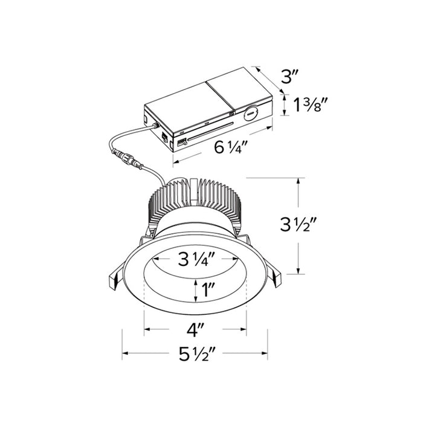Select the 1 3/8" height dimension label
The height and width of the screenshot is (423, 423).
point(311,106)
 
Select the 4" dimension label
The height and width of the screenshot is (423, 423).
point(195,331)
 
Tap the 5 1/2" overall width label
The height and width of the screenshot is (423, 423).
point(195,355)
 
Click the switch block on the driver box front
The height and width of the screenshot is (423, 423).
point(180,141)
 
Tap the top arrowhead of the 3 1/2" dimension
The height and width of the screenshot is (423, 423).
point(297,181)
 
